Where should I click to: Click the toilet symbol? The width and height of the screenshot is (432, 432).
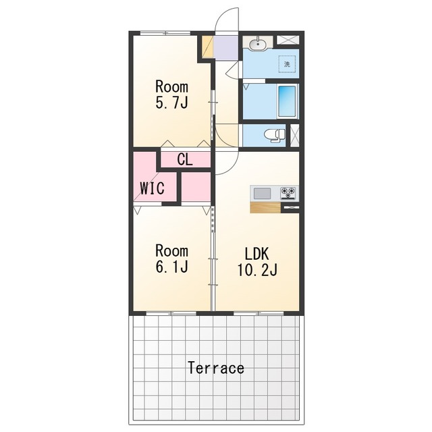(x=275, y=135)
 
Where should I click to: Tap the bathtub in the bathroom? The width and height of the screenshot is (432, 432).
(x=287, y=101)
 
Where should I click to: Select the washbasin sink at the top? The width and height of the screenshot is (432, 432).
(x=258, y=43)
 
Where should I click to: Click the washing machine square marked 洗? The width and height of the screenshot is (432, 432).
(x=287, y=64)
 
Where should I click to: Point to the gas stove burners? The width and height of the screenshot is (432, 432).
(x=288, y=192)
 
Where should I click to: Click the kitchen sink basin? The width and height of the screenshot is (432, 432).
(x=262, y=193)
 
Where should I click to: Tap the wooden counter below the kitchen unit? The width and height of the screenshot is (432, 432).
(x=265, y=207)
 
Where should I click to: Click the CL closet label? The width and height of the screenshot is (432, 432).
(x=185, y=159)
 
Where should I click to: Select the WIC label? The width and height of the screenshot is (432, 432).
(x=153, y=188)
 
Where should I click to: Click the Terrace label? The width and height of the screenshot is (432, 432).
(x=216, y=368)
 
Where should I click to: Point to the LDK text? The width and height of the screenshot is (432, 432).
(x=257, y=254)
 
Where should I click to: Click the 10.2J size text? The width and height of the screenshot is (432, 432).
(x=257, y=269)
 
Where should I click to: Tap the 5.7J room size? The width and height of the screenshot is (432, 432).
(x=172, y=103)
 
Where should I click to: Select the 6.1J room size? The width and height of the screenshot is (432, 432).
(x=172, y=267)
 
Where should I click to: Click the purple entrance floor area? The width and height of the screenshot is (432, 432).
(x=226, y=48)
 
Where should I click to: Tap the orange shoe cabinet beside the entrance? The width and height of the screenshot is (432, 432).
(x=208, y=47)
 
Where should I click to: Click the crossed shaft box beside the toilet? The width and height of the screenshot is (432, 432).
(x=295, y=135)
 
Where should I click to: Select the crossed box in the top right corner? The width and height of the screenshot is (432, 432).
(x=288, y=40)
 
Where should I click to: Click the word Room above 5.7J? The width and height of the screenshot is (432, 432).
(x=172, y=87)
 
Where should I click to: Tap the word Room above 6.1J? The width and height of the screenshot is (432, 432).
(x=172, y=250)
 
